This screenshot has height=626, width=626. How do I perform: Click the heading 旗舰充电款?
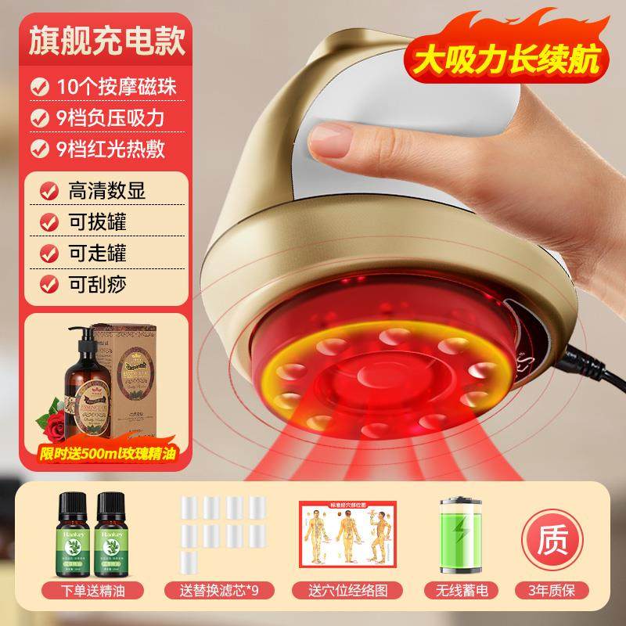click(x=108, y=41)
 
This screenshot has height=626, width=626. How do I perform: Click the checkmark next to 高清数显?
click(x=49, y=189)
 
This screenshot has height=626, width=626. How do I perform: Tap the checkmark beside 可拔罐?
click(x=49, y=222)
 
